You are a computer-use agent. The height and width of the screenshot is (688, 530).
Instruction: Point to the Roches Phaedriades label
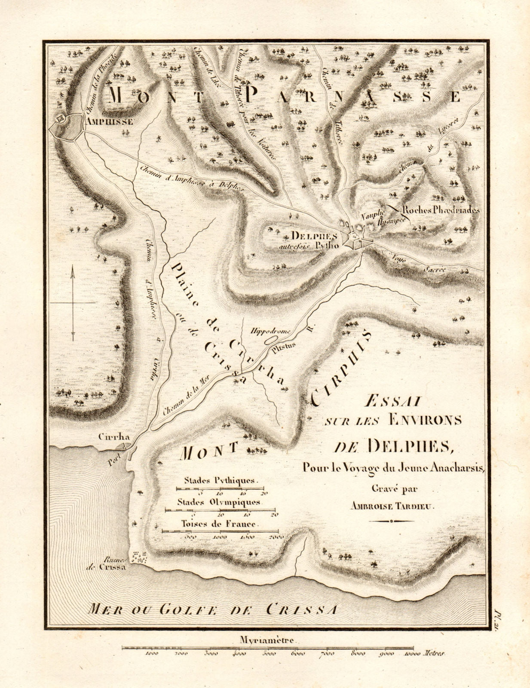[441, 211]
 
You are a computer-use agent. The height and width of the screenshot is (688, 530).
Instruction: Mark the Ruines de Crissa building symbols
[139, 558]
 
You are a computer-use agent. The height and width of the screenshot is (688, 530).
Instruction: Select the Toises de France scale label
[219, 524]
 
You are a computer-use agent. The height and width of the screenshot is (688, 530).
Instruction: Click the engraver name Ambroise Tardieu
[393, 507]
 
